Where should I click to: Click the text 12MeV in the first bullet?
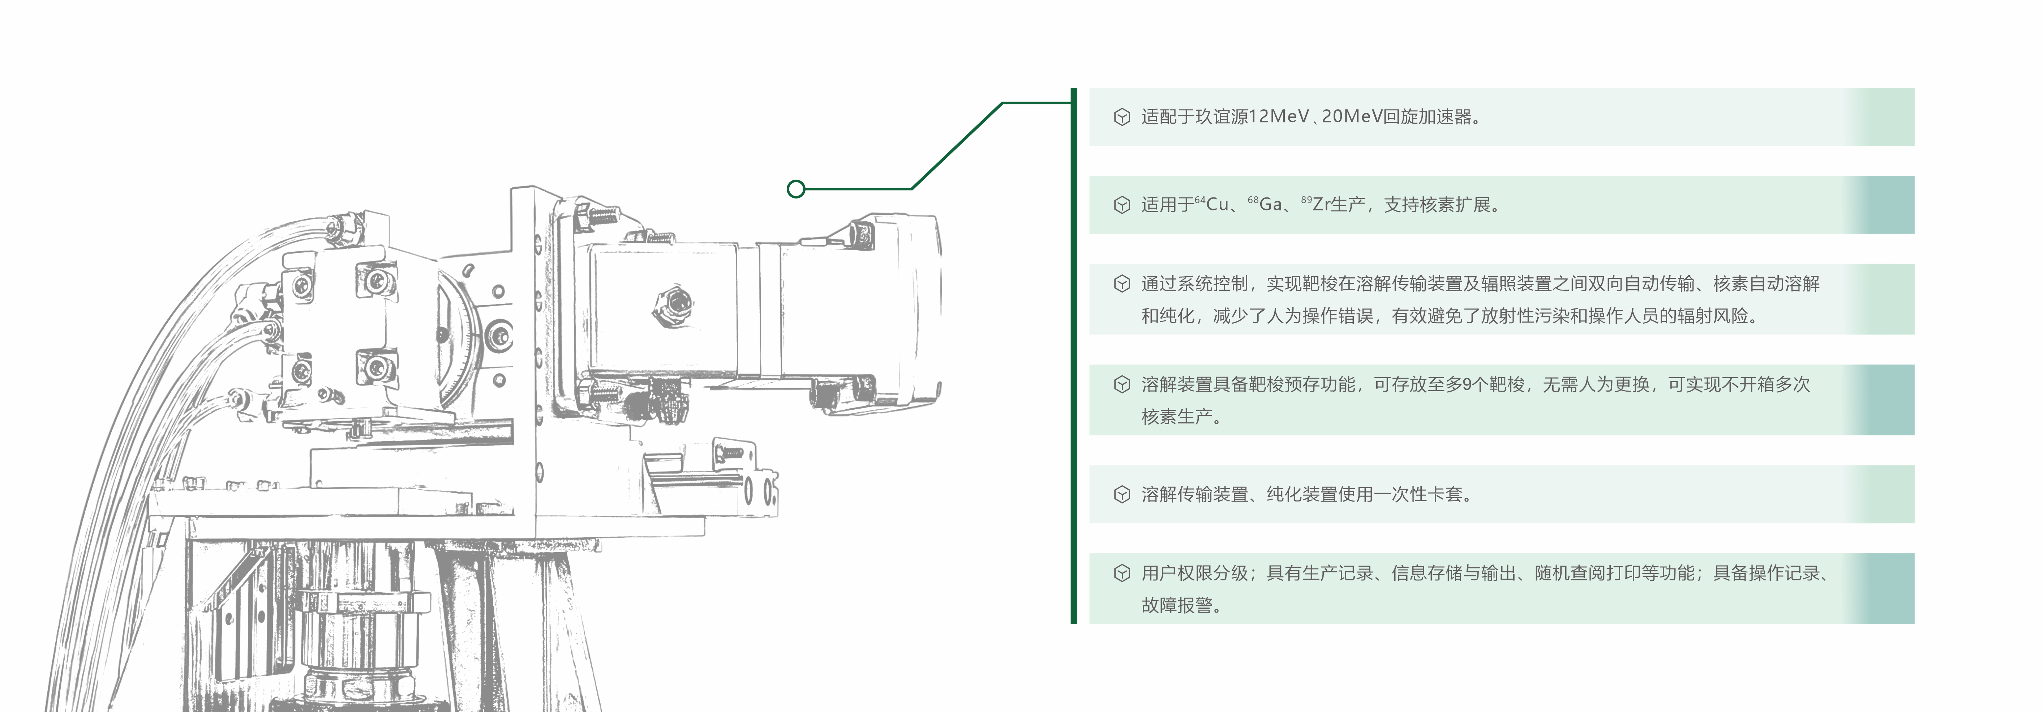[x=1279, y=117]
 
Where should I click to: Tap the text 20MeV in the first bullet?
[x=1351, y=117]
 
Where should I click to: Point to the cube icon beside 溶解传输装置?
[x=1121, y=495]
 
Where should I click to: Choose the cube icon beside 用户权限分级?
[x=1121, y=573]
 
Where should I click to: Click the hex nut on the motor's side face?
[x=675, y=302]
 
